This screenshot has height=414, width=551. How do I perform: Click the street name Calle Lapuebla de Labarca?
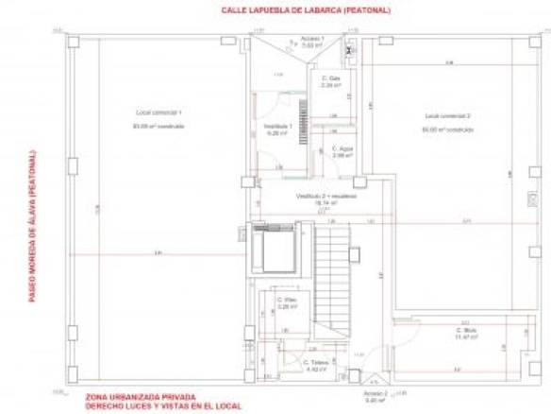click(292, 11)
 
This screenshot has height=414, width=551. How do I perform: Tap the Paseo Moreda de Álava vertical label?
click(31, 226)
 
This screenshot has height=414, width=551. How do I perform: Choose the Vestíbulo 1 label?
click(276, 126)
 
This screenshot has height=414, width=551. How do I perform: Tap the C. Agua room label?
click(342, 148)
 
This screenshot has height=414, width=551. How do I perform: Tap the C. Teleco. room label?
click(314, 362)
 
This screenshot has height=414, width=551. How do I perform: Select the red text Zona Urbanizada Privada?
click(140, 396)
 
